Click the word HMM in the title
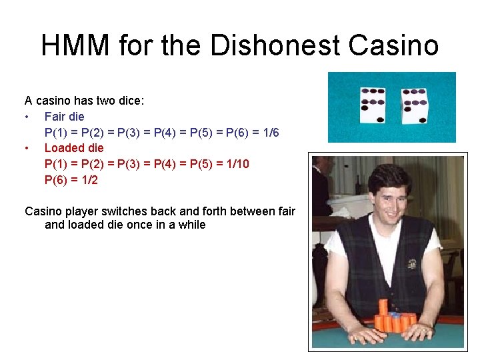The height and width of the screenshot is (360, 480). point(75,45)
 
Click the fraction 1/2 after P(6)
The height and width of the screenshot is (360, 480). point(90,180)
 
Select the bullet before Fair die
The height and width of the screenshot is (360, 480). point(26,117)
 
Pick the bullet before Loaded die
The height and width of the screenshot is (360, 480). point(26,149)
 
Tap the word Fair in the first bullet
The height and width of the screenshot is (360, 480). point(55,117)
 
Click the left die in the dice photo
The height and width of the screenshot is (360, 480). point(373,105)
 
